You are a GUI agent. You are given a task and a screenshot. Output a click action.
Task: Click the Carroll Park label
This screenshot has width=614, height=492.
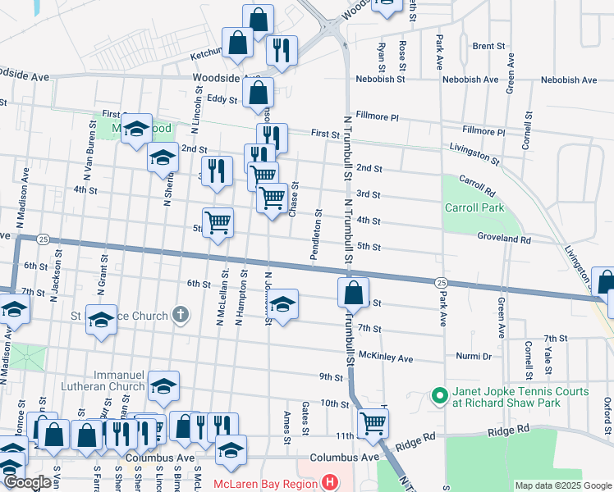pos(473,207)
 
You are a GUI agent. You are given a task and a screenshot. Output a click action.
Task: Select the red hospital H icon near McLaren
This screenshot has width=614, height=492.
pos(330,481)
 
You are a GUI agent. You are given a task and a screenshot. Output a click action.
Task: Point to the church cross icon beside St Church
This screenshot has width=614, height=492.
pos(181,315)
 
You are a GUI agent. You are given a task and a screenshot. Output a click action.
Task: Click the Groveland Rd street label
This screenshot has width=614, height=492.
pos(504,239)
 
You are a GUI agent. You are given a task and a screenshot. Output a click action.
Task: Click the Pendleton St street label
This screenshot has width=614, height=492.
pos(315,236)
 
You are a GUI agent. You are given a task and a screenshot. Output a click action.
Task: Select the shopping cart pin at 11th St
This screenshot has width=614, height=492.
pos(373,424)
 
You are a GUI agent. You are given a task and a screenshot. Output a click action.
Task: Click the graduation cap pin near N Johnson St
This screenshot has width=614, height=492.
pos(282,306)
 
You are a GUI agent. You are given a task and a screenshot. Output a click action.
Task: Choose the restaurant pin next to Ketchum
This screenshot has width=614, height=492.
pos(282,51)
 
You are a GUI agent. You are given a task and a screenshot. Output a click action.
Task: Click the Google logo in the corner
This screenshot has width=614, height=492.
pos(26,482)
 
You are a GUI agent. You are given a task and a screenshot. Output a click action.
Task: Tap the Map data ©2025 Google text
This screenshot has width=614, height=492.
pos(562,485)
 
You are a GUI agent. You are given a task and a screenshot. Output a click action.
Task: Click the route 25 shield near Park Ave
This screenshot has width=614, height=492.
pos(441,282)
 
